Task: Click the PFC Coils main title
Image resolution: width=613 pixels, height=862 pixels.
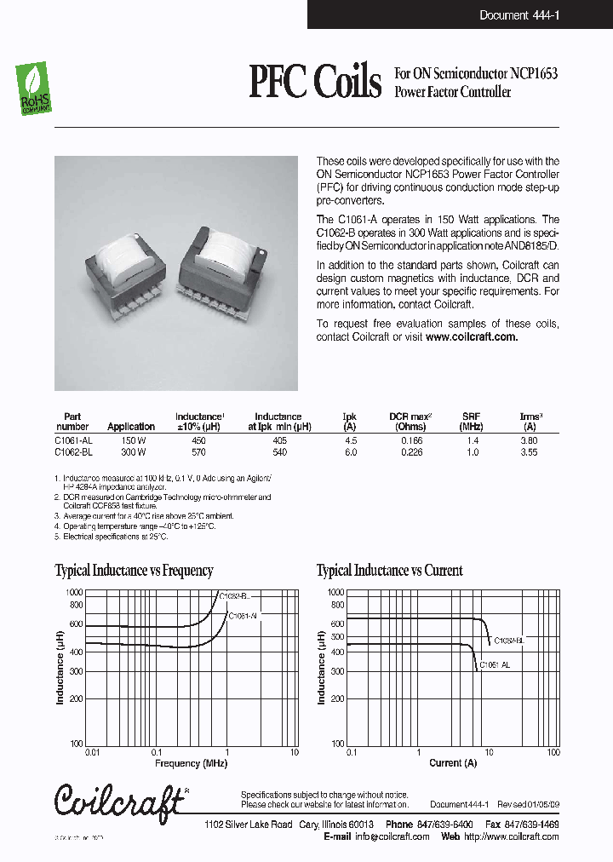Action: point(314,83)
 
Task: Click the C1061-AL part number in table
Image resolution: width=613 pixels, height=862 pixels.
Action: point(72,440)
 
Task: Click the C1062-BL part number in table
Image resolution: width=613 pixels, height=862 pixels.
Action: point(72,452)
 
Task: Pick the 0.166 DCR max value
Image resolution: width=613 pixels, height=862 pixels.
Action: point(412,440)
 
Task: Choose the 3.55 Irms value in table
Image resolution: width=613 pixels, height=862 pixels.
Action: point(529,452)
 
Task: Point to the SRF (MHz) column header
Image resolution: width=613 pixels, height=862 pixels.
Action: point(471,422)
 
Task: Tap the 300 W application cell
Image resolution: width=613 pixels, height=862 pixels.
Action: point(132,452)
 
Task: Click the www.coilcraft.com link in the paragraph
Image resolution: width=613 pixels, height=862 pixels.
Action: point(471,336)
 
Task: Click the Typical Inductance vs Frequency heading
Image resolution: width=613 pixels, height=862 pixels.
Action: point(134,571)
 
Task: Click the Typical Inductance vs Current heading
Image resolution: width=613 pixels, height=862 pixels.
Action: point(389,571)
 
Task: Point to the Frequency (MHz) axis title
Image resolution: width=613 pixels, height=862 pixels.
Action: point(191,763)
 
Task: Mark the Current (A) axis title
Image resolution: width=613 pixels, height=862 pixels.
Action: point(452,763)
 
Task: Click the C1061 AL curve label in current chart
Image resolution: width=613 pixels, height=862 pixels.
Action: point(495,664)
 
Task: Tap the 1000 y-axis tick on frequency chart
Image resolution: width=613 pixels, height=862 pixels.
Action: point(73,592)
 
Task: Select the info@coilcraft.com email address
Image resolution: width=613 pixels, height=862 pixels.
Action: point(392,836)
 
